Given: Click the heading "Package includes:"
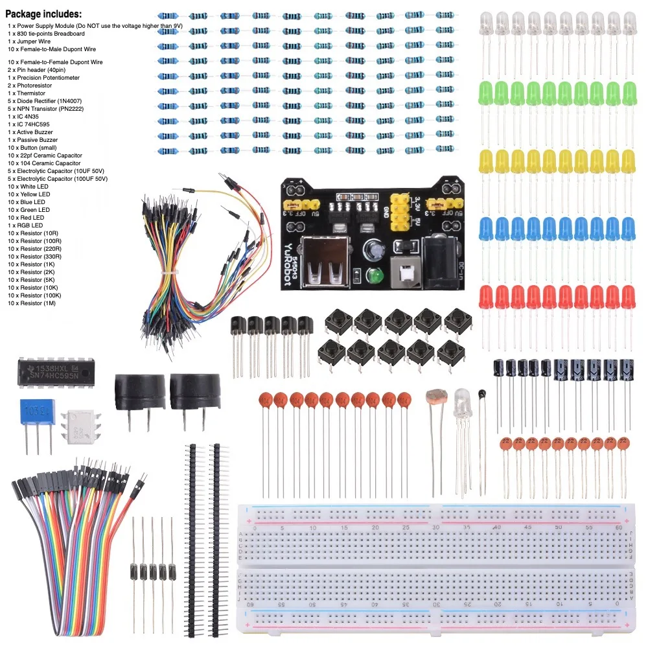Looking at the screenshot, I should (x=44, y=14).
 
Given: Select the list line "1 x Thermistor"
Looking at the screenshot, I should (x=27, y=93).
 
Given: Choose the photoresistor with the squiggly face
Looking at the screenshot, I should (x=435, y=397).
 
